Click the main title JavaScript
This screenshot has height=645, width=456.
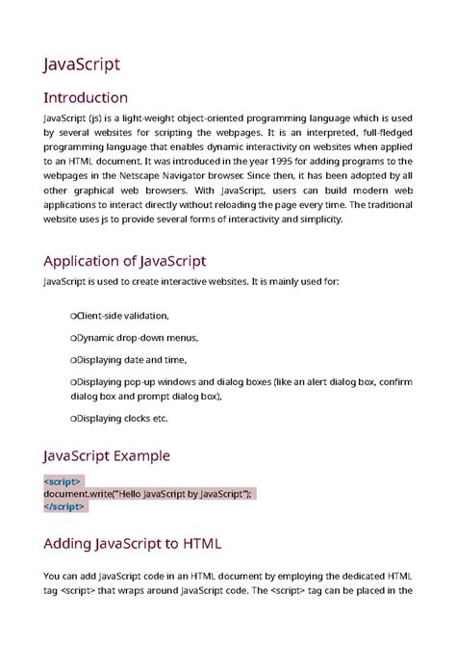[x=82, y=64]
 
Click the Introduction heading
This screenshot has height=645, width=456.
[x=86, y=98]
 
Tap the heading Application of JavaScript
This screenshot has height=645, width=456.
[x=125, y=260]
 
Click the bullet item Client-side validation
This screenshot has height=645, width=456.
[x=121, y=315]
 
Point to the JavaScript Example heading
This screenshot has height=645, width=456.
[x=107, y=455]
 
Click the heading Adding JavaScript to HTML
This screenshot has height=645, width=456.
[x=133, y=544]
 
